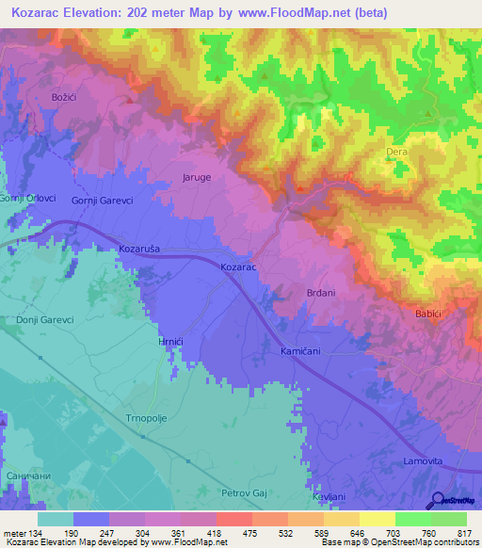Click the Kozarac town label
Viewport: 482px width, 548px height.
tap(238, 268)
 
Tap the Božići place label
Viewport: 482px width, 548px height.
tap(57, 97)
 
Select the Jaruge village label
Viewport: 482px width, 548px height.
tap(197, 176)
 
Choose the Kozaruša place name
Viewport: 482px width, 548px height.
tap(141, 249)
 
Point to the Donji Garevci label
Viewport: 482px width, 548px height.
tap(44, 320)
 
